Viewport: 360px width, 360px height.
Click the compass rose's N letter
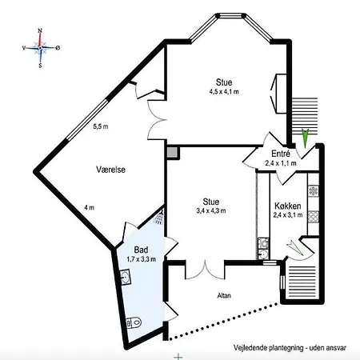tap(40, 30)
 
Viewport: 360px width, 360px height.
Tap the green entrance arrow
tap(305, 138)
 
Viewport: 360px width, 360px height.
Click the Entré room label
tap(281, 154)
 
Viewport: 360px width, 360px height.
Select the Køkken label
tap(288, 206)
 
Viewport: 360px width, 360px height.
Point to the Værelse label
tap(110, 170)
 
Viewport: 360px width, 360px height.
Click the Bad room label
tap(141, 250)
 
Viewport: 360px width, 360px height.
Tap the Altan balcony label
tap(224, 295)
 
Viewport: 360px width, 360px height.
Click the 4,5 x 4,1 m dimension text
tap(224, 92)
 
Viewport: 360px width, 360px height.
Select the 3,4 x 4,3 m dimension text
tap(211, 210)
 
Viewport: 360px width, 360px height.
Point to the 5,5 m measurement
tap(101, 126)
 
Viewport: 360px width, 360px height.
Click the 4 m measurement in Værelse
tap(89, 207)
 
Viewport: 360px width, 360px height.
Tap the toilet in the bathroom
tap(134, 323)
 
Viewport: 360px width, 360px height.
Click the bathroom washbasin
tap(125, 278)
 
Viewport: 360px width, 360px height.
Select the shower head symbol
tap(159, 218)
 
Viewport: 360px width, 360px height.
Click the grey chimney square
tap(172, 153)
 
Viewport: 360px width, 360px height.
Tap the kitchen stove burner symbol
tap(314, 191)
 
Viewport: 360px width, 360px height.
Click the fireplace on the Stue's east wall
tap(279, 94)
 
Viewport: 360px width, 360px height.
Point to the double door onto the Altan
tap(205, 270)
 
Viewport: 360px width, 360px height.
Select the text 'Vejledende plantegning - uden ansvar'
tap(290, 348)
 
